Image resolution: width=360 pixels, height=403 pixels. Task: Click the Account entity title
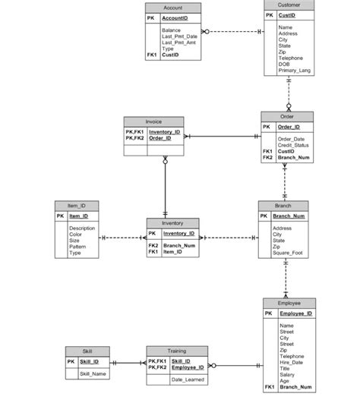[172, 7]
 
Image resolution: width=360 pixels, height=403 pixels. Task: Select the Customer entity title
[289, 5]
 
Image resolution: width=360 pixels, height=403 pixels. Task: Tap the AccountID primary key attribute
[175, 17]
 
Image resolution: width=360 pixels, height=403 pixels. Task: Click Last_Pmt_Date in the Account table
[179, 36]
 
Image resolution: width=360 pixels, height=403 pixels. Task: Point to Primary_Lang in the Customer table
[295, 71]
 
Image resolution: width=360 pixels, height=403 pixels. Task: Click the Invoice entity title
[153, 121]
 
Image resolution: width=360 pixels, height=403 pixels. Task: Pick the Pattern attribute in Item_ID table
[77, 247]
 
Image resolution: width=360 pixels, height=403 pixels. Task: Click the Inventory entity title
[172, 224]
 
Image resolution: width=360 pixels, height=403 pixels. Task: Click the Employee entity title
[289, 303]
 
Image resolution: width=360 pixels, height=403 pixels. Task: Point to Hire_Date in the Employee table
[291, 362]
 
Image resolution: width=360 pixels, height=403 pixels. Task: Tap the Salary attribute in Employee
[287, 374]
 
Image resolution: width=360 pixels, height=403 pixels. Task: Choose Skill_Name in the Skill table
[93, 374]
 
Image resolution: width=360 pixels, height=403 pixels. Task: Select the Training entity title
[176, 351]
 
